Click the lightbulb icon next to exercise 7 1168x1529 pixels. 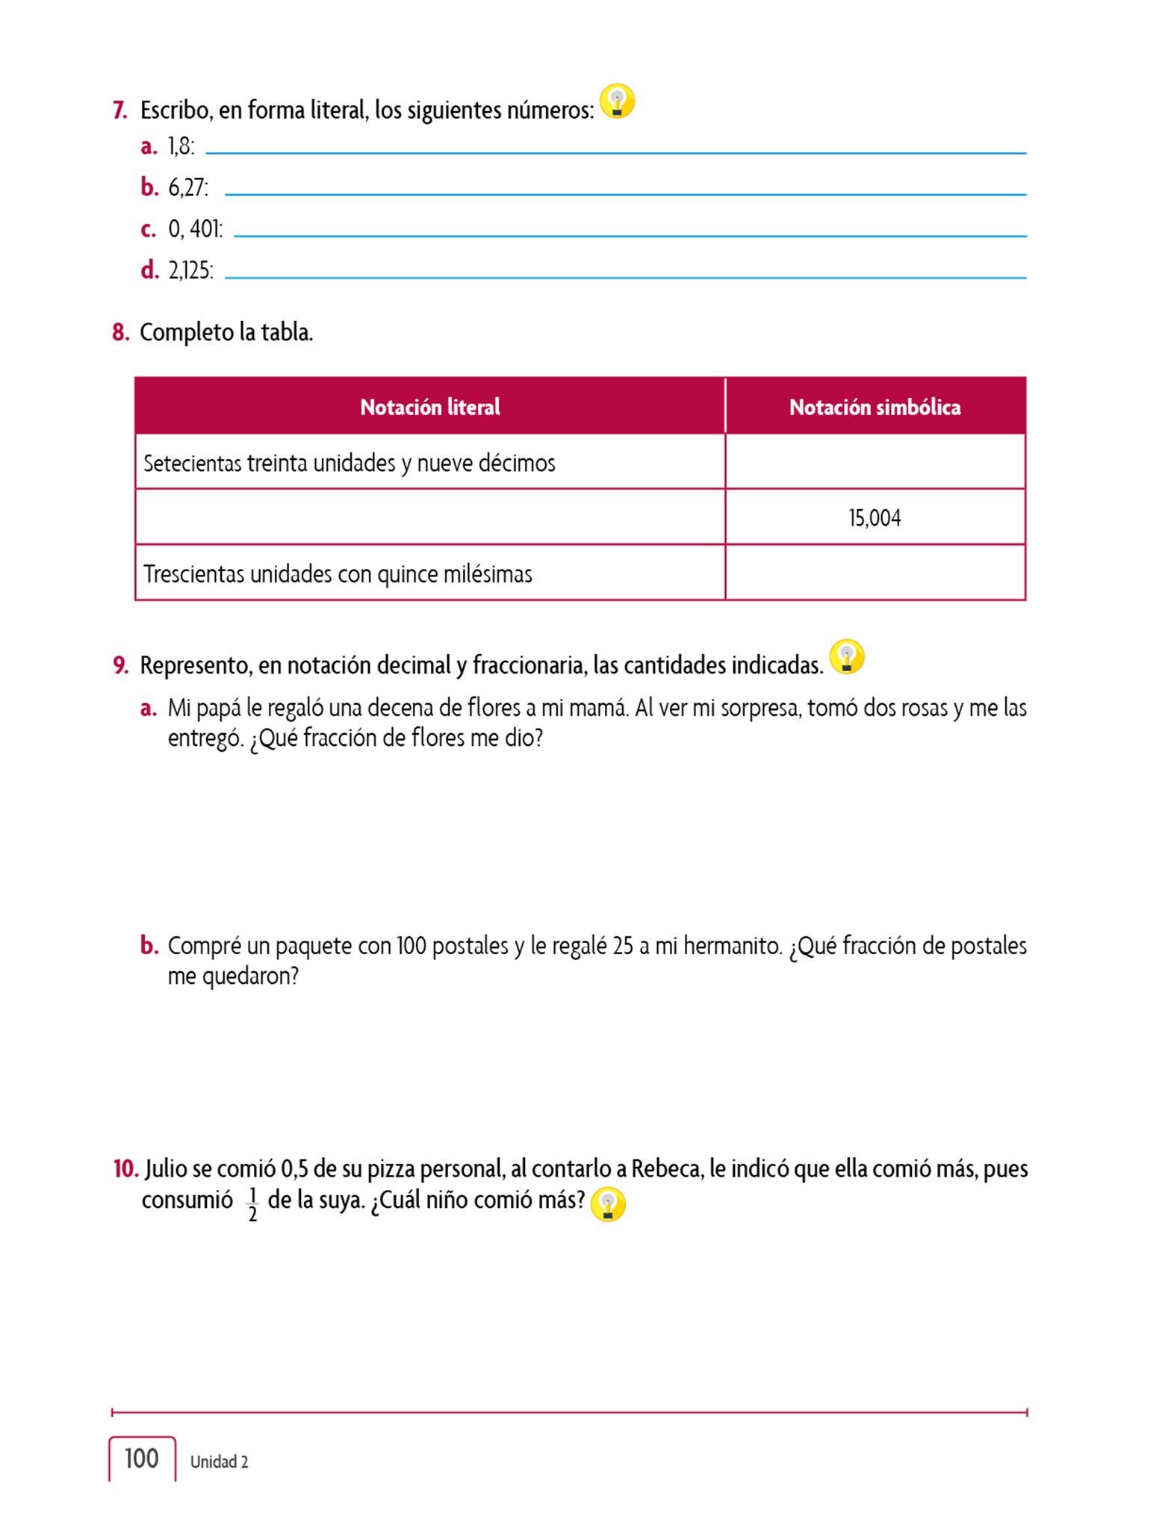click(617, 102)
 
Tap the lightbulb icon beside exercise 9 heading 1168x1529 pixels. click(847, 657)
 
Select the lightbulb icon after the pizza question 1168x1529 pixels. click(608, 1204)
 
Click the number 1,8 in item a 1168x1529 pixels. click(181, 146)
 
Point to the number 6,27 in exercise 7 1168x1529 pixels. click(187, 187)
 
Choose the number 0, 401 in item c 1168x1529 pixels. click(195, 228)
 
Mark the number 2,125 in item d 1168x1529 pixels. click(190, 270)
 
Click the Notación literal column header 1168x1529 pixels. click(430, 407)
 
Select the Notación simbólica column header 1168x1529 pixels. click(875, 407)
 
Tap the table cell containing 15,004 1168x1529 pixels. click(875, 518)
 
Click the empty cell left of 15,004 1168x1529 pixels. click(430, 517)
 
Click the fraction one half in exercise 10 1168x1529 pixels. click(252, 1204)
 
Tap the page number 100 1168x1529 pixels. click(142, 1458)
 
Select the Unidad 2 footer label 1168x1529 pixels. click(219, 1462)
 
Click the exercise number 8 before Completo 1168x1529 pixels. click(120, 332)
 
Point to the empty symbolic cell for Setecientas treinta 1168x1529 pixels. click(875, 462)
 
